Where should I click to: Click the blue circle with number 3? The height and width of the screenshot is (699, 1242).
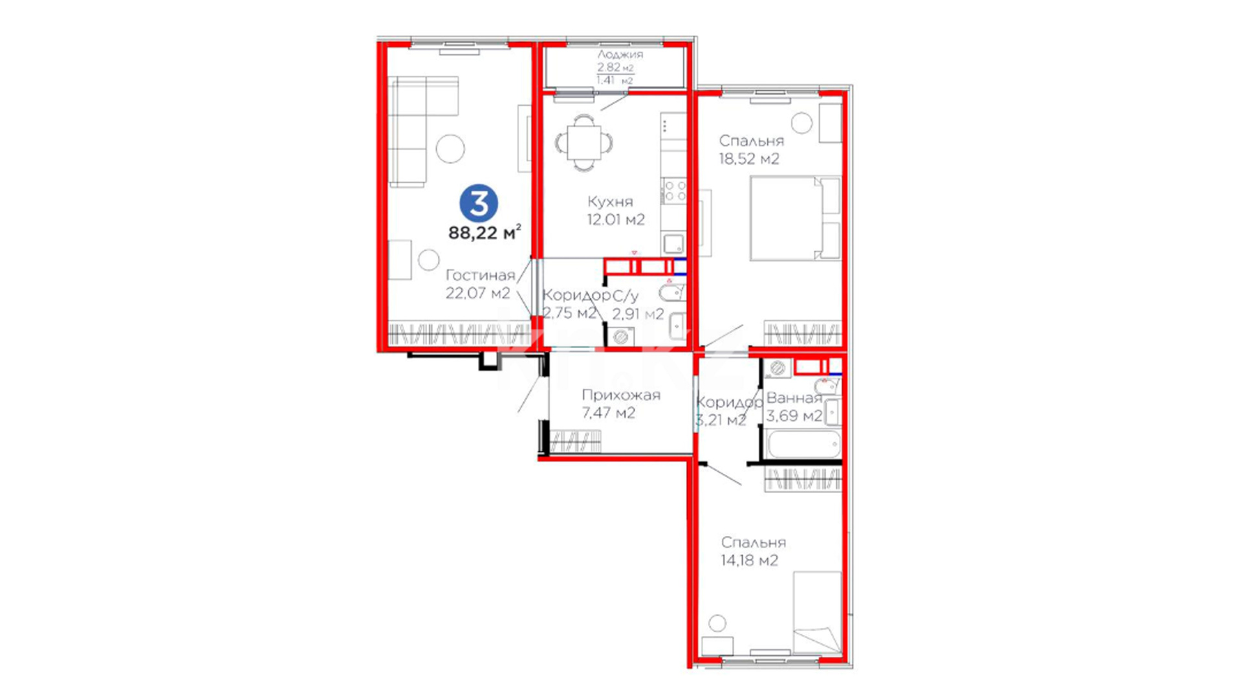479,203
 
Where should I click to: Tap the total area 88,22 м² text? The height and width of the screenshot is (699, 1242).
485,232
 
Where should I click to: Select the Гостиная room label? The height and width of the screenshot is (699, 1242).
480,275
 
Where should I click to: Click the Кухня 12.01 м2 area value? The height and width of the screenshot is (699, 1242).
616,220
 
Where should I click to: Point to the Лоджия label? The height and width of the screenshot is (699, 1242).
620,54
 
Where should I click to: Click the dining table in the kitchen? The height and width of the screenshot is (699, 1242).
584,142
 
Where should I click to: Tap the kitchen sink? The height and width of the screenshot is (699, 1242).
673,244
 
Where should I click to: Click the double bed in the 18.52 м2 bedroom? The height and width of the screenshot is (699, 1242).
795,218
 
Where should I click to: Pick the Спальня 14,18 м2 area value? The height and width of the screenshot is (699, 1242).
750,560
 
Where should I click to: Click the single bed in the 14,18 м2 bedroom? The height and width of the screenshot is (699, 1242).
817,612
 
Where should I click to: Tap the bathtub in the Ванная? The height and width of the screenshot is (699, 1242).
803,445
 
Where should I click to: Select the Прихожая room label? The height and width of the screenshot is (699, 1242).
621,395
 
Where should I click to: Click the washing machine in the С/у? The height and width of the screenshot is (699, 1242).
621,337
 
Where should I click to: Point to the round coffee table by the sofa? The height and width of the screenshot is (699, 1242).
450,149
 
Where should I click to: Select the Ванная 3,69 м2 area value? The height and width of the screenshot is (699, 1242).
794,416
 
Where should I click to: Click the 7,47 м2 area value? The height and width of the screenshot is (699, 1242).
609,413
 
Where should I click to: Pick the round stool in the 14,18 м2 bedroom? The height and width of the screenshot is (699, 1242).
717,623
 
